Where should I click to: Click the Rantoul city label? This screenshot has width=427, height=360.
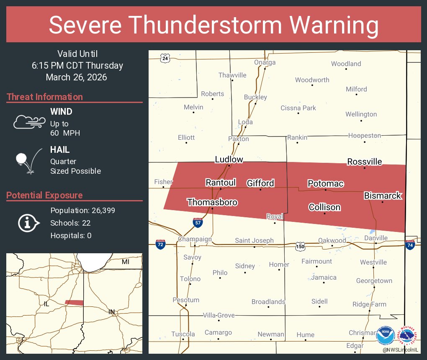coord(221,183)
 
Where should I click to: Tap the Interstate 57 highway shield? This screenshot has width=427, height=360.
coord(198,223)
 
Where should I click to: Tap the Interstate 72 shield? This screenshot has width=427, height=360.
coord(160,244)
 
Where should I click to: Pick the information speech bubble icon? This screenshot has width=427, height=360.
coord(28,223)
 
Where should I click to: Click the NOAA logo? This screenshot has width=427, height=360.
coord(386,336)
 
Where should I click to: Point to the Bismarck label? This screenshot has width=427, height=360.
coord(382,195)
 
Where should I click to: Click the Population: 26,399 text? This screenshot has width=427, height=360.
coord(82,211)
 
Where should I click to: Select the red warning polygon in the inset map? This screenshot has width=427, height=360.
coord(74,302)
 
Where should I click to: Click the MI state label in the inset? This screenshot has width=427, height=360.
coord(126,262)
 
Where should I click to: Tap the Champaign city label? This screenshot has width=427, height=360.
coord(195,239)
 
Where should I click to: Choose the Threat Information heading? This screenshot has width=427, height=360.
coord(45,97)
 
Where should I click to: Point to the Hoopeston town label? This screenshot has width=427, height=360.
coord(364,136)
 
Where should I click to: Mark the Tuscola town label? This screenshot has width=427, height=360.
coord(183,334)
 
